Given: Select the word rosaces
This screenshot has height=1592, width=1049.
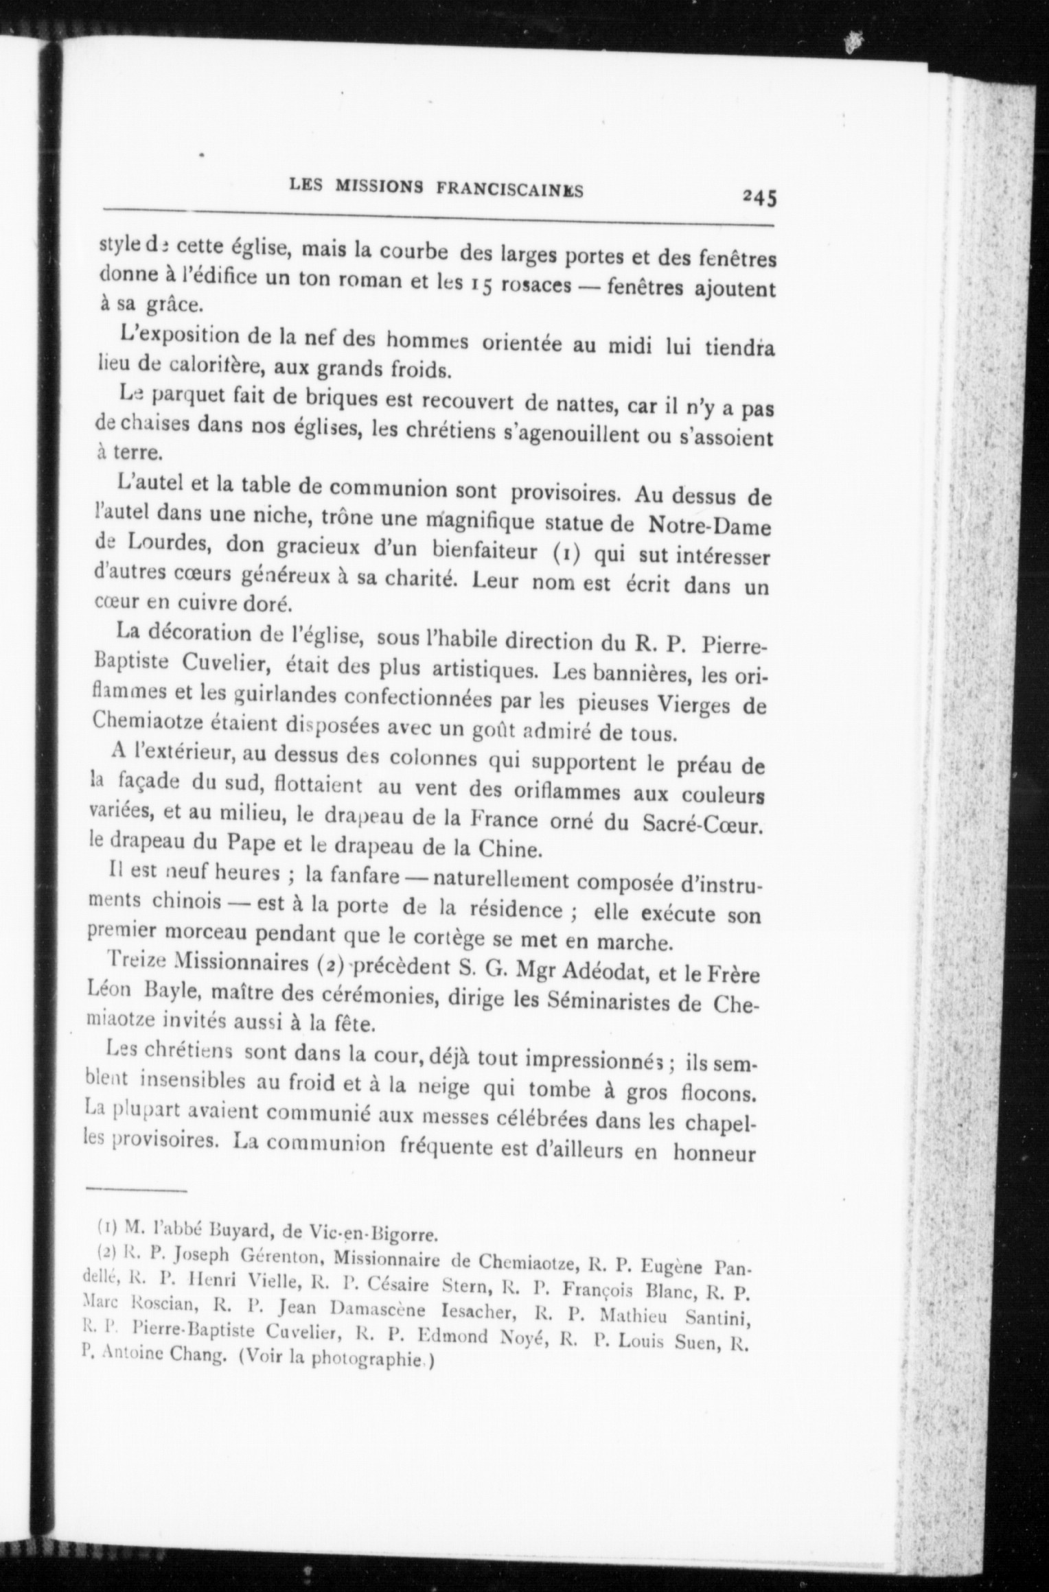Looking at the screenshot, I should pos(536,285).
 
